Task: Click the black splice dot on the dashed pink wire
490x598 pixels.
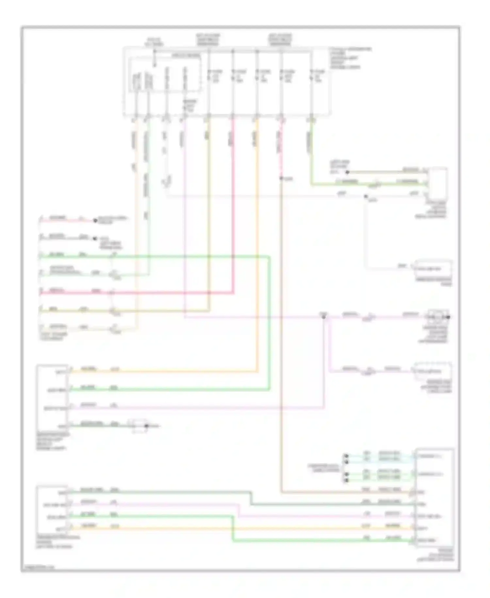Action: click(x=281, y=178)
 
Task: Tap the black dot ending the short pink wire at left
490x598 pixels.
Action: click(x=95, y=220)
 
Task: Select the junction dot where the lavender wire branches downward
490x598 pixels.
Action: click(x=324, y=317)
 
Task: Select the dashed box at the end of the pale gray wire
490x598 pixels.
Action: click(x=433, y=269)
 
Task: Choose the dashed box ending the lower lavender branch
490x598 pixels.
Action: click(x=433, y=371)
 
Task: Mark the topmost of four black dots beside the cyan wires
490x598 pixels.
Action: click(x=346, y=456)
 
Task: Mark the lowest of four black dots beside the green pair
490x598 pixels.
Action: click(x=346, y=480)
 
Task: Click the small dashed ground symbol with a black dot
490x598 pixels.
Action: click(x=139, y=426)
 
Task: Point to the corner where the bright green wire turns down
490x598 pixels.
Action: click(x=269, y=257)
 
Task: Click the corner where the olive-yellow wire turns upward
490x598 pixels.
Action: click(x=209, y=310)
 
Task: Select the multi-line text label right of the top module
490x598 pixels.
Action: click(x=350, y=58)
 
